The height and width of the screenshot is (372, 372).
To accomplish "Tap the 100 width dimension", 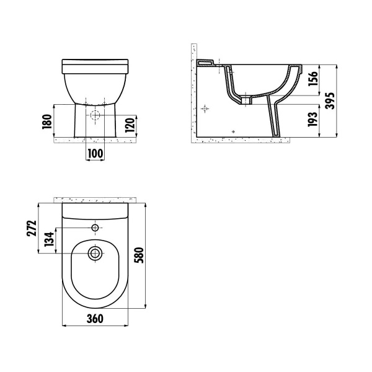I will click(94, 153).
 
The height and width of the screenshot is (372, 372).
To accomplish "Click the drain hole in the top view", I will click(95, 253).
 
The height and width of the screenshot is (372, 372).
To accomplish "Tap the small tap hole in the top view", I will click(95, 228).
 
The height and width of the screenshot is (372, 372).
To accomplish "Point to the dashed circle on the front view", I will click(95, 116).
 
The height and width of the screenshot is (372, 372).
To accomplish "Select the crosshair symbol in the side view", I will click(206, 109).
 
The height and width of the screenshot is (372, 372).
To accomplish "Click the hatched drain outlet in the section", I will click(246, 99).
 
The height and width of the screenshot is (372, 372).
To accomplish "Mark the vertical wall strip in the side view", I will click(193, 93).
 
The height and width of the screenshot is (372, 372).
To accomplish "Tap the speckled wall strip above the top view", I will click(95, 200).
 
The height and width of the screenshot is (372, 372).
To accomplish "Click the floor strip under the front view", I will click(94, 140).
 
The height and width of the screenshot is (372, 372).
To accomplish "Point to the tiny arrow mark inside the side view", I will click(232, 131).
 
